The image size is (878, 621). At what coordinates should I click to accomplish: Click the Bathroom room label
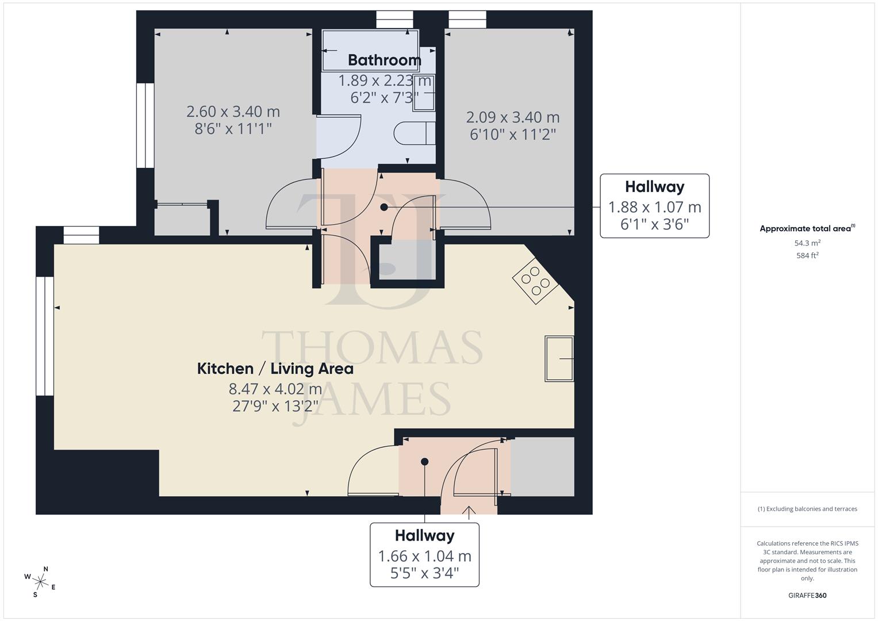[x=384, y=60]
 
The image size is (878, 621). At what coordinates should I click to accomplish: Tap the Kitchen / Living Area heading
[x=275, y=369]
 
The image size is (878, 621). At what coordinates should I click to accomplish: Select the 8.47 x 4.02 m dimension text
[x=275, y=389]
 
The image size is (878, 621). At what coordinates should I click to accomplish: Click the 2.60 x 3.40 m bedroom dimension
[x=233, y=111]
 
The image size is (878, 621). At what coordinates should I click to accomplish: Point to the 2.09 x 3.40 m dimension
[x=512, y=117]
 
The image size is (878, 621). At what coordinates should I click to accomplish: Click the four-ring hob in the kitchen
[x=535, y=280]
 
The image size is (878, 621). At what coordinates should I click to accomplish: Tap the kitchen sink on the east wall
[x=559, y=359]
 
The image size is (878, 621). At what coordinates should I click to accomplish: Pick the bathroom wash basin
[x=424, y=92]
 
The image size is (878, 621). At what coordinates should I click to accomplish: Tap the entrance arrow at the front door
[x=469, y=512]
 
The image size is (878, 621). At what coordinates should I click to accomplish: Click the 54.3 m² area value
[x=807, y=243]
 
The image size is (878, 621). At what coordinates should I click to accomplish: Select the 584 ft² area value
[x=807, y=255]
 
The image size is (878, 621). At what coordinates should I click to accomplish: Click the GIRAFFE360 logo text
[x=807, y=595]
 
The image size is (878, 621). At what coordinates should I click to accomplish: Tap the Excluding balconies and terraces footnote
[x=807, y=509]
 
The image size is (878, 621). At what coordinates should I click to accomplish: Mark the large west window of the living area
[x=45, y=336]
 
